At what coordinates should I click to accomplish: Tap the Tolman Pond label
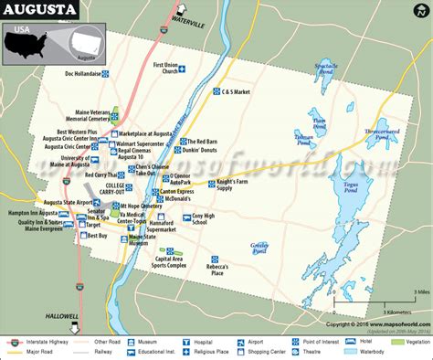[x=304, y=139]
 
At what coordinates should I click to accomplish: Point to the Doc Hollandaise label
[x=80, y=73]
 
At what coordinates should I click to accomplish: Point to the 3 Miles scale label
[x=421, y=292]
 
